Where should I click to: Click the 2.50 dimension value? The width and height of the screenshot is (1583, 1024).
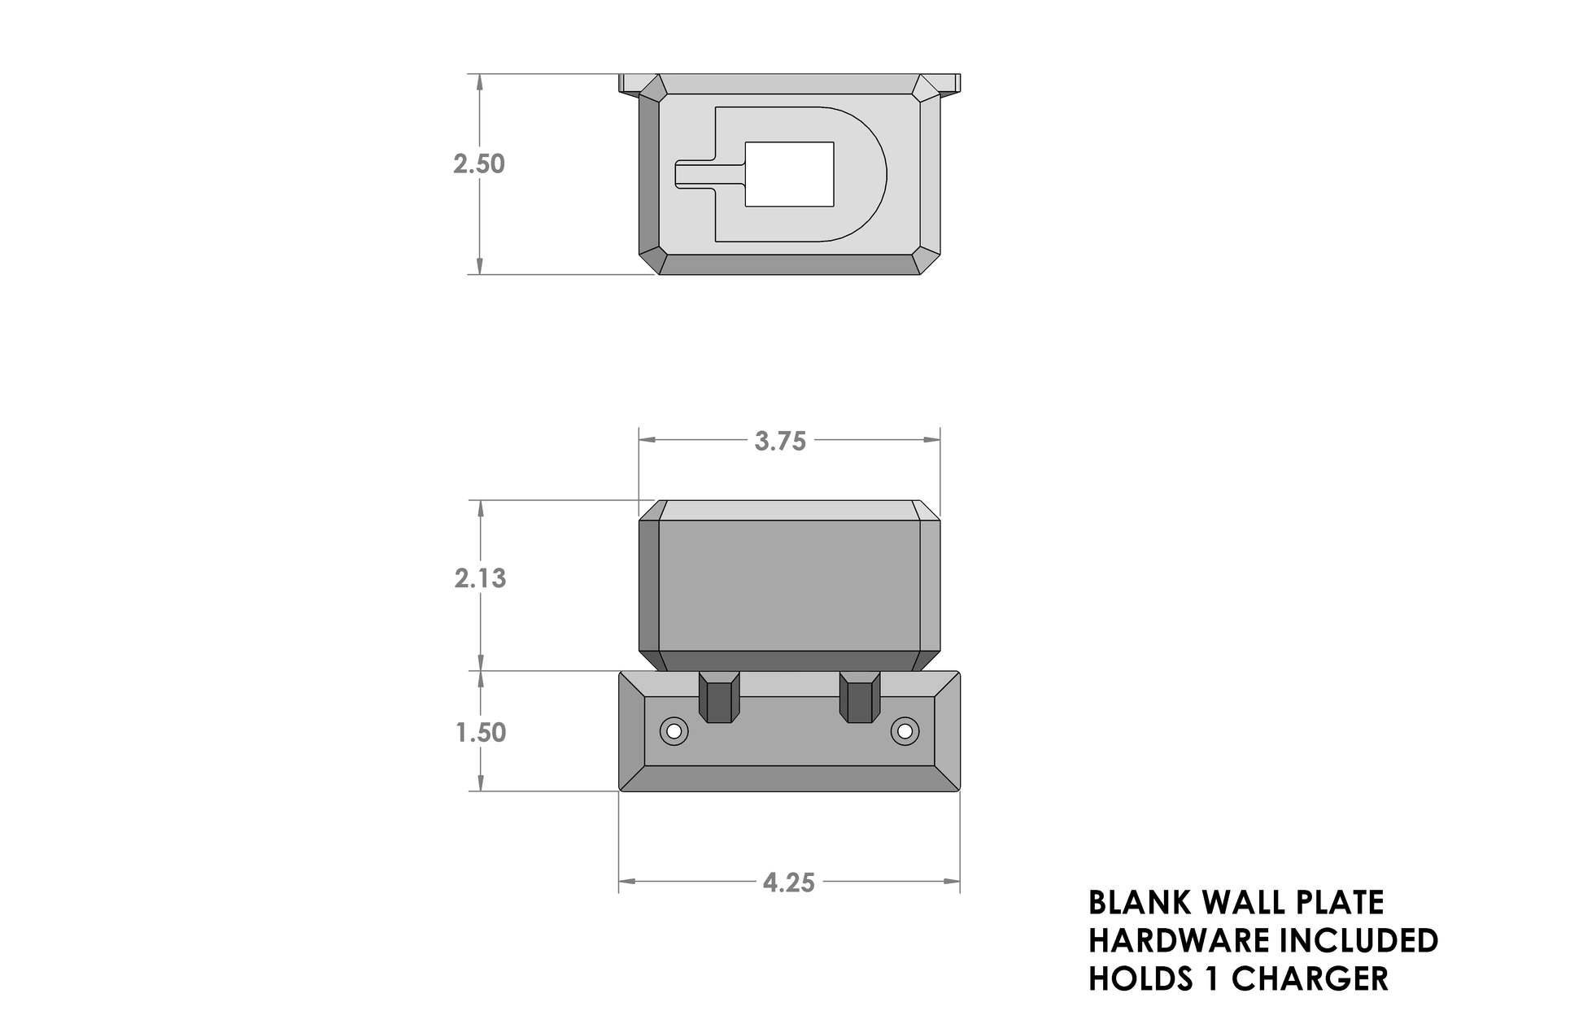(479, 164)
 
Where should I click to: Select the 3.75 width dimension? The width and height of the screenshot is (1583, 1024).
(780, 441)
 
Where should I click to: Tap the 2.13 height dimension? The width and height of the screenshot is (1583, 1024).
(480, 578)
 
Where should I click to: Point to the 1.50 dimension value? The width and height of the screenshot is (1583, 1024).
(481, 733)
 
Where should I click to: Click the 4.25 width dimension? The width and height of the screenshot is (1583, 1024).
(789, 882)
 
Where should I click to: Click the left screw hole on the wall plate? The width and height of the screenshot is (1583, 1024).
(674, 731)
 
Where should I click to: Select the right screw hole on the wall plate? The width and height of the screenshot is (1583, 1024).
(904, 731)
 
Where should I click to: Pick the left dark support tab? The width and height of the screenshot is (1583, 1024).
(150, 697)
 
